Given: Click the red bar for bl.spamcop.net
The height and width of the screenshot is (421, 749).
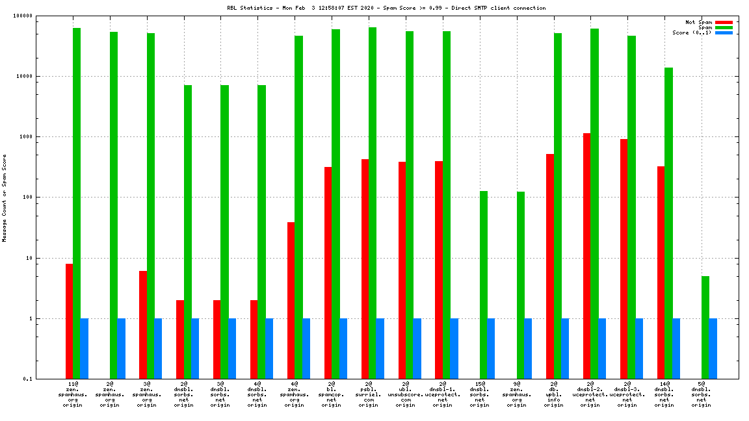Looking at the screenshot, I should pyautogui.click(x=328, y=273).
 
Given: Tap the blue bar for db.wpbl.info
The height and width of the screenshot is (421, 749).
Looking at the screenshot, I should pyautogui.click(x=565, y=348).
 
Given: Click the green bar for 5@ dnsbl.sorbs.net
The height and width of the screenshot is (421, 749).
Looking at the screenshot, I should pyautogui.click(x=705, y=327).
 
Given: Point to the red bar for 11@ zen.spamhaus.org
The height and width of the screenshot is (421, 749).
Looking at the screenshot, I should pyautogui.click(x=69, y=321).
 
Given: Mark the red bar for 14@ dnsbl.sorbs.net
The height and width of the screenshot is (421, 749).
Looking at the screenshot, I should pyautogui.click(x=661, y=272).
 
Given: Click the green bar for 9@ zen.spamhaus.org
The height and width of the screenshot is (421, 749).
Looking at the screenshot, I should pyautogui.click(x=520, y=285).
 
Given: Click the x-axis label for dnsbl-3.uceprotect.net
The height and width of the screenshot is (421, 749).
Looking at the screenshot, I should pyautogui.click(x=627, y=394).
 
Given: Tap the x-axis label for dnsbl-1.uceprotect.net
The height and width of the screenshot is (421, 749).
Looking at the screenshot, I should pyautogui.click(x=443, y=394).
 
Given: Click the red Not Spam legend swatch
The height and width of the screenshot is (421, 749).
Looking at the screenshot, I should pyautogui.click(x=724, y=22).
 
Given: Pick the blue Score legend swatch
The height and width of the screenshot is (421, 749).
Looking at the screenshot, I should pyautogui.click(x=724, y=32).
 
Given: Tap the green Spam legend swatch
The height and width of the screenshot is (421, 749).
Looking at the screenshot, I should pyautogui.click(x=724, y=27).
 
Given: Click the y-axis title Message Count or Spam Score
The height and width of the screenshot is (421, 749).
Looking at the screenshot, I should pyautogui.click(x=5, y=198).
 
